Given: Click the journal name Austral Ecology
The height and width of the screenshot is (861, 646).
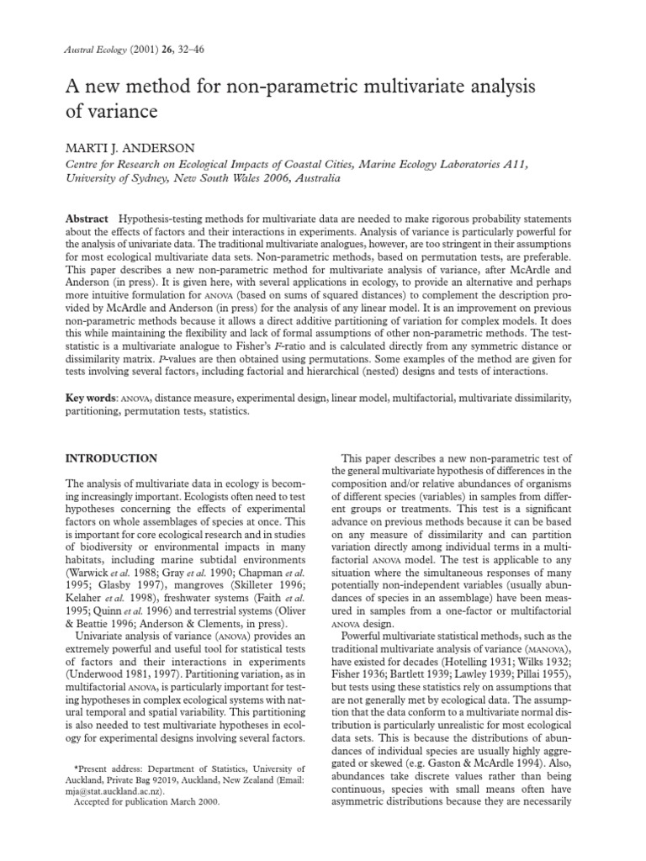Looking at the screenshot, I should [94, 50].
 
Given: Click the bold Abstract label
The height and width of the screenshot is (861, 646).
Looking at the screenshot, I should [87, 219].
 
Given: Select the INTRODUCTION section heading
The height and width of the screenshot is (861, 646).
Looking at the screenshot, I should [111, 458].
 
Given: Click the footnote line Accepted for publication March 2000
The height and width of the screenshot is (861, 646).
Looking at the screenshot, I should [146, 802].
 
